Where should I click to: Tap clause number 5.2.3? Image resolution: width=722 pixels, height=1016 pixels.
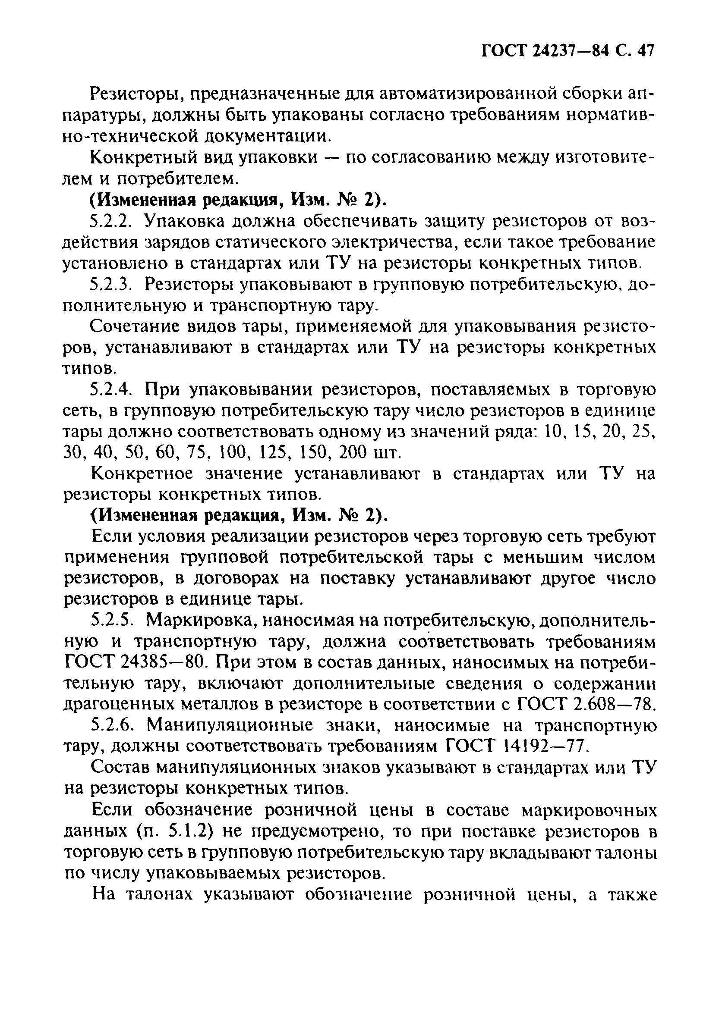(111, 285)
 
